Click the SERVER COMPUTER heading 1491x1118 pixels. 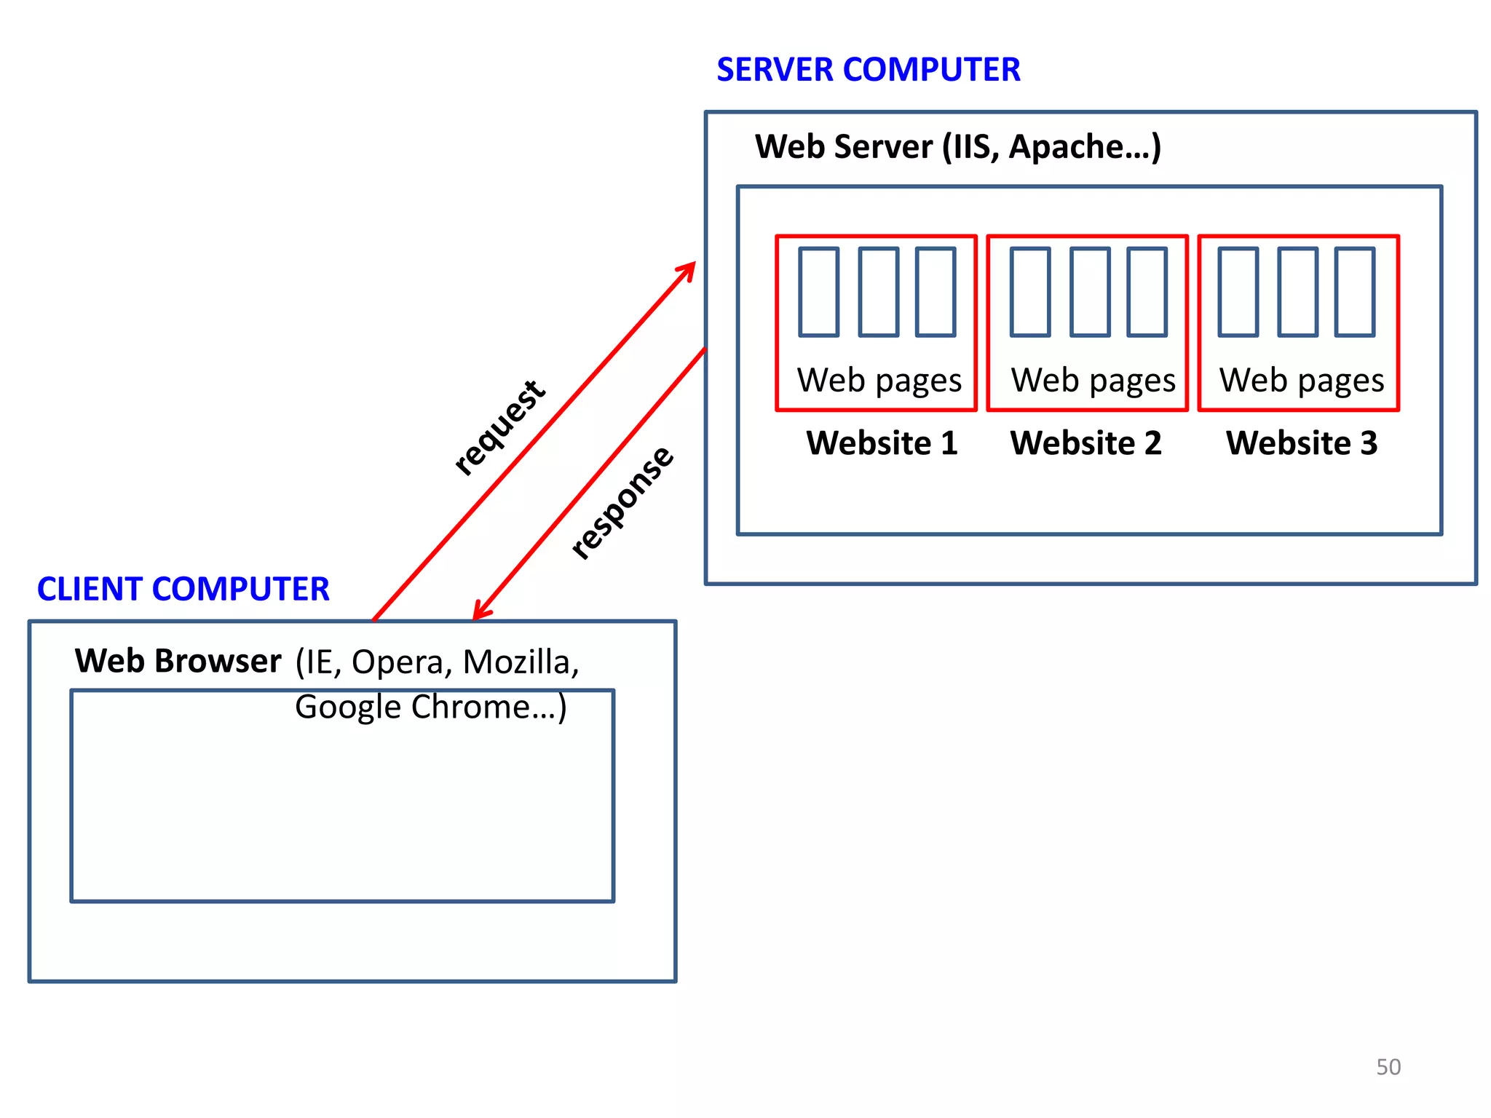[868, 70]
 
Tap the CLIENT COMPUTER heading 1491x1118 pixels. [183, 589]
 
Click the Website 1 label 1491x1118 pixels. [882, 443]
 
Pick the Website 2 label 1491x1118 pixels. [1085, 443]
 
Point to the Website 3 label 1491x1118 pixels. [1302, 443]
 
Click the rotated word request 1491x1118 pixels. [499, 428]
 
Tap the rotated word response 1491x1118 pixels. [622, 502]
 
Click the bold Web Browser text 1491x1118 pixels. [178, 661]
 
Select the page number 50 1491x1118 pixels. [1388, 1067]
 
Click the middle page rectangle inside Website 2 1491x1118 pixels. [1090, 292]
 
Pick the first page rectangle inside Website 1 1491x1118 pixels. [818, 292]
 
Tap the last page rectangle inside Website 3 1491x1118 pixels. [1354, 292]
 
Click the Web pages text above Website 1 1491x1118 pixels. [879, 381]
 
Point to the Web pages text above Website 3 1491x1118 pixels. [1302, 381]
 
